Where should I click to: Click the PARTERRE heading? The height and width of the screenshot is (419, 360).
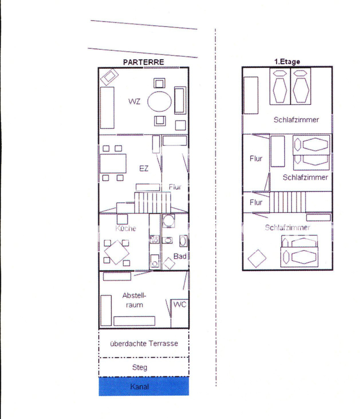click(x=144, y=62)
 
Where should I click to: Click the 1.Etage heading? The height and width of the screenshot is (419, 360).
click(x=287, y=62)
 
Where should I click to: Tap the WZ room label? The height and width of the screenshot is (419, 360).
click(x=134, y=101)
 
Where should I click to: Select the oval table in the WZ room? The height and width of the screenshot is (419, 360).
click(x=160, y=101)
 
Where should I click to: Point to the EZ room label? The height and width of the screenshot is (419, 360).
click(x=144, y=169)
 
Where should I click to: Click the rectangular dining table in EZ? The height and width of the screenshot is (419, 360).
click(x=113, y=163)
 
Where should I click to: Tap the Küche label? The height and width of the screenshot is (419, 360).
click(x=126, y=228)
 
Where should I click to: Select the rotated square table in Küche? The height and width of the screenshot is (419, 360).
click(x=117, y=252)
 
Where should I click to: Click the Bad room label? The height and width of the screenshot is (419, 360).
click(x=180, y=256)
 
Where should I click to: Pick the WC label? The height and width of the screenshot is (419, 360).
click(x=180, y=304)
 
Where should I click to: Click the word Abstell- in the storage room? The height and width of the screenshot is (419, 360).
click(x=134, y=295)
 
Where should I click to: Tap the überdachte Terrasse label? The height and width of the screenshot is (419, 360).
click(x=144, y=343)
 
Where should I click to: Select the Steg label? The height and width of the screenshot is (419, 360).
click(x=139, y=367)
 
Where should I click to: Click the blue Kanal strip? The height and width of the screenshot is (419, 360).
click(x=144, y=386)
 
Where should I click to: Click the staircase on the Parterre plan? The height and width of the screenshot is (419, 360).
click(x=153, y=203)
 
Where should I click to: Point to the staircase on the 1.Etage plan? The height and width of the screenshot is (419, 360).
click(x=287, y=202)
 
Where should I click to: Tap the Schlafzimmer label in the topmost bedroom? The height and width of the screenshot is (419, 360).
click(x=296, y=120)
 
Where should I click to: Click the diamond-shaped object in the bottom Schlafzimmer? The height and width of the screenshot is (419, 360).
click(x=257, y=259)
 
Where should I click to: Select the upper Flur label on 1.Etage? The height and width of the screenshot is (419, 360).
click(x=256, y=159)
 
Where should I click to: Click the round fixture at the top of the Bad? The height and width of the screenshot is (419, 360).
click(x=169, y=221)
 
